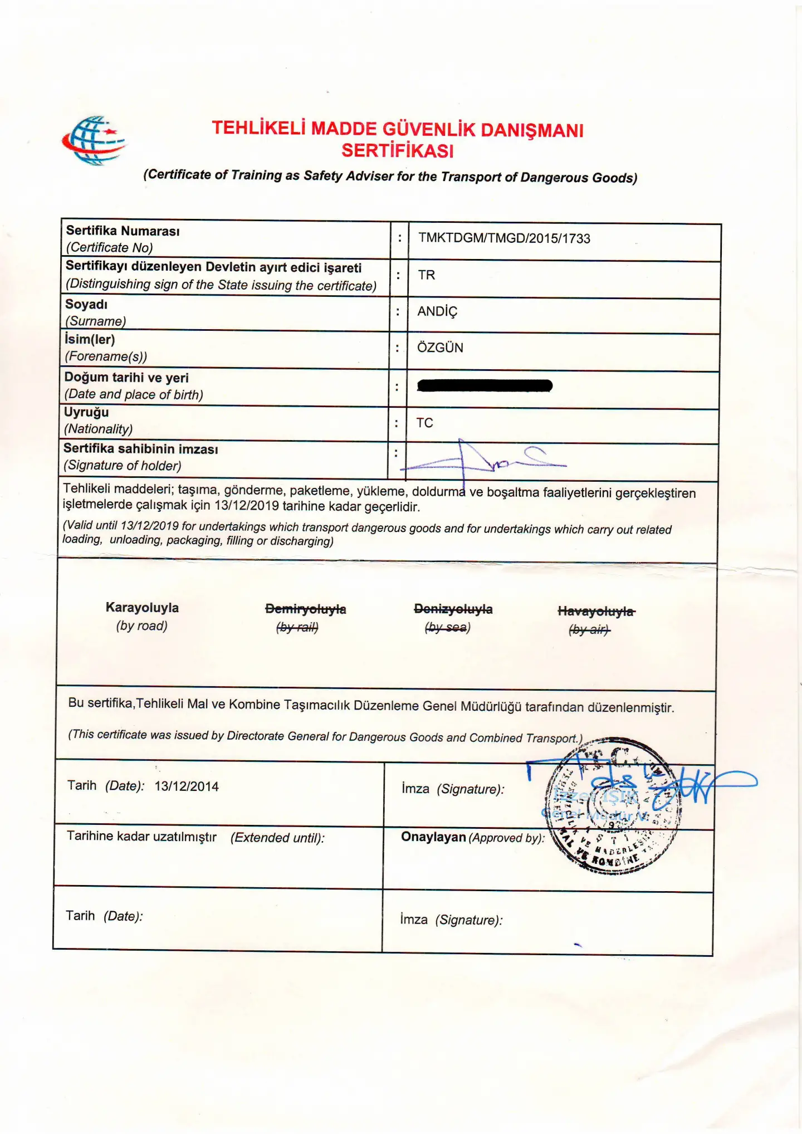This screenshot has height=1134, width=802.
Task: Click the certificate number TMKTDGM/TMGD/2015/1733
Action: click(504, 238)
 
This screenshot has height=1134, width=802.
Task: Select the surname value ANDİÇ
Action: click(437, 311)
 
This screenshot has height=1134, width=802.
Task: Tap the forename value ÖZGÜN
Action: click(440, 348)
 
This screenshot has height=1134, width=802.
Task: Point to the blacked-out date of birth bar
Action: click(485, 385)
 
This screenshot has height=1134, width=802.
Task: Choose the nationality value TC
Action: click(424, 423)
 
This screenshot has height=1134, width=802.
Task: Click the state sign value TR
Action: click(427, 275)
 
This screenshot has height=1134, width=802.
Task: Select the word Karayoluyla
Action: click(142, 608)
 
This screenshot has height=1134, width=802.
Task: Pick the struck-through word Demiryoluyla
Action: click(305, 609)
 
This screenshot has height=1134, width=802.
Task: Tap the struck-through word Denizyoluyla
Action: click(453, 609)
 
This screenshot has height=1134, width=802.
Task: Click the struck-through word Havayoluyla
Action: click(596, 612)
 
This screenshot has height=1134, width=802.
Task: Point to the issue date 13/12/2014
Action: click(187, 786)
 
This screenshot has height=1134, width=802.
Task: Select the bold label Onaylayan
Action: click(433, 837)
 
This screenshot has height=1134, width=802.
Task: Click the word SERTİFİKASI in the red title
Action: click(398, 151)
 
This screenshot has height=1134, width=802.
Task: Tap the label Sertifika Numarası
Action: click(123, 231)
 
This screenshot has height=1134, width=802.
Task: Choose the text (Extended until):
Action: click(277, 838)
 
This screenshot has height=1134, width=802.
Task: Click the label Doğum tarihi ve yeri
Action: click(126, 378)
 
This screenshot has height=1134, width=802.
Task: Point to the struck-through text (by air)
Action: click(589, 630)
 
